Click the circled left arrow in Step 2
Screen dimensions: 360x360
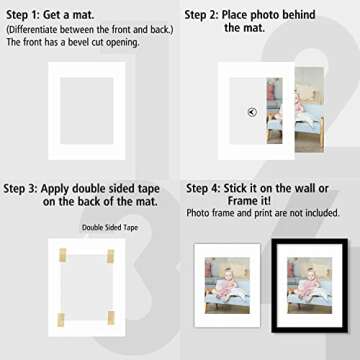[x=251, y=112]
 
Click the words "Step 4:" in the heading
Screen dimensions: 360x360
[x=208, y=187]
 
